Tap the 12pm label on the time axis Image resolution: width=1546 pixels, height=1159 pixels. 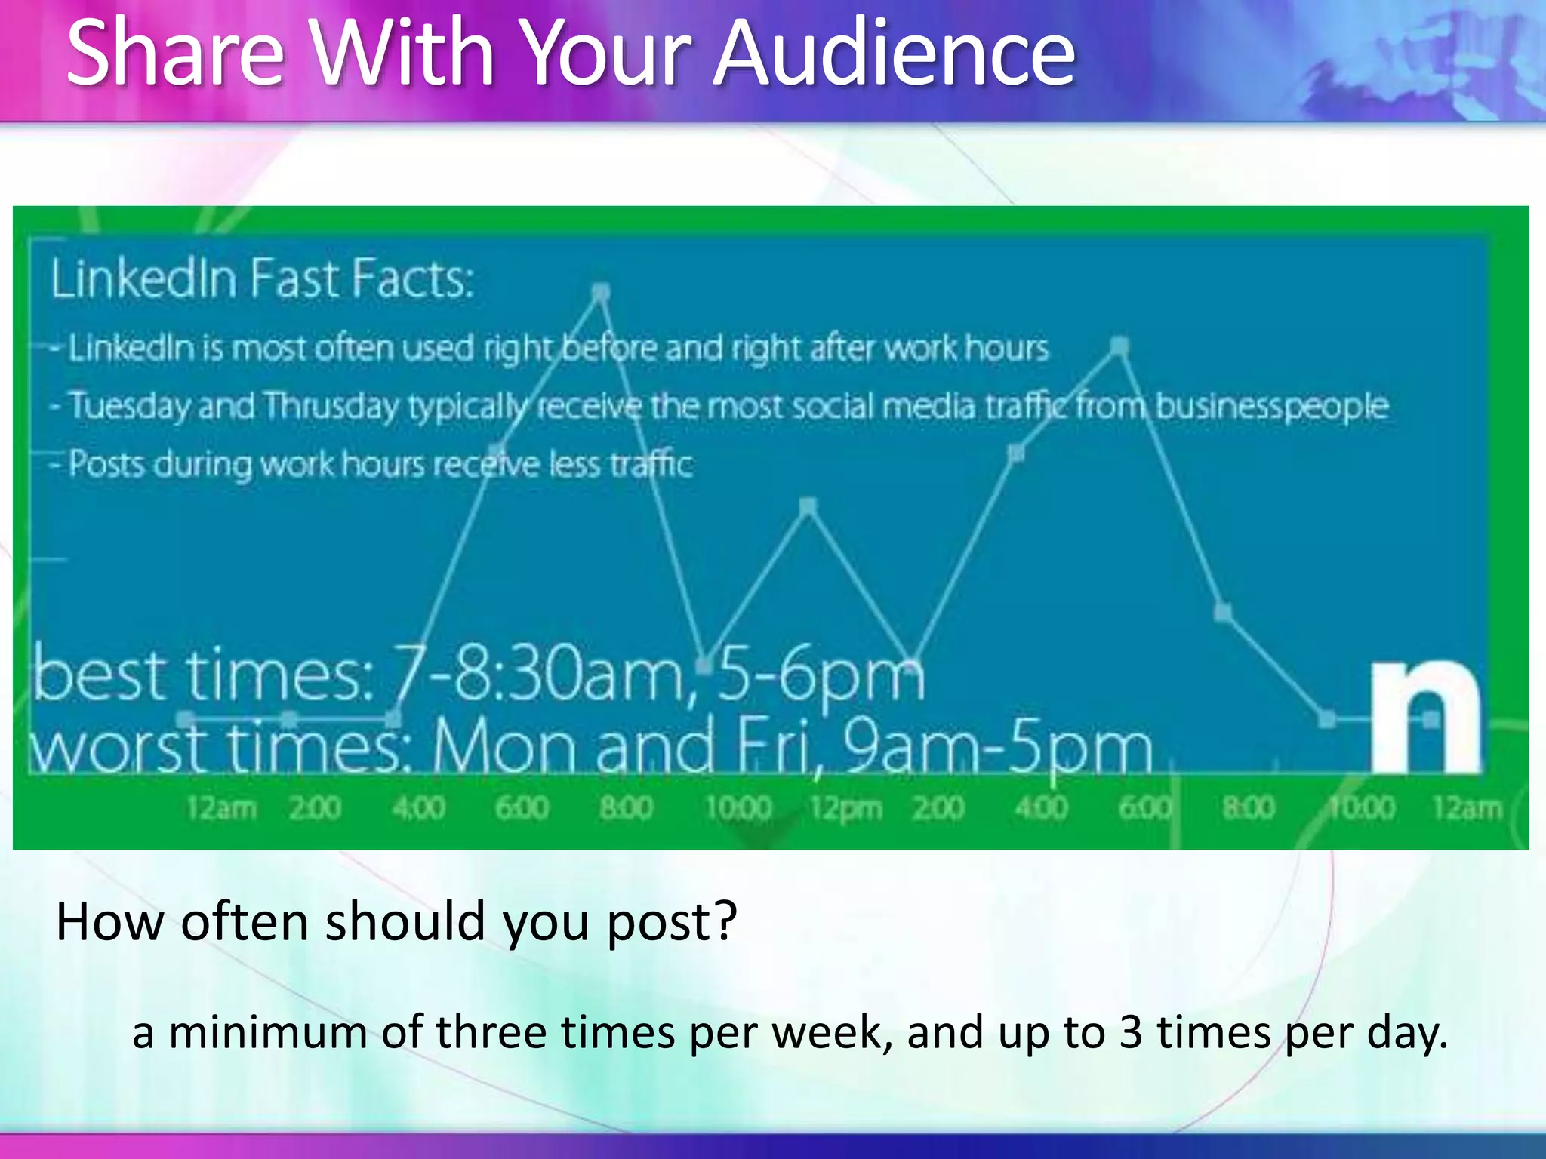click(845, 808)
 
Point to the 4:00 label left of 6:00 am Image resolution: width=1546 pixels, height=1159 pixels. click(418, 808)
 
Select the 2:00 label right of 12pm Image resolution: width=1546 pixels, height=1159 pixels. click(938, 808)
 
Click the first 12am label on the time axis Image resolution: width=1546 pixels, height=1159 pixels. click(222, 808)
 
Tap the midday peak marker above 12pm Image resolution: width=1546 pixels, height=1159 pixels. click(808, 506)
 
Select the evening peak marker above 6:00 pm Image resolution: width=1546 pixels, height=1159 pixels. click(1120, 346)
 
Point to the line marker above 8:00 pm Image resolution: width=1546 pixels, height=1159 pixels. click(1223, 612)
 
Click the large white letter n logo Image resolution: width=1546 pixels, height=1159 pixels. click(1425, 717)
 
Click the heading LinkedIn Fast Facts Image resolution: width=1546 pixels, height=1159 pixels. click(263, 278)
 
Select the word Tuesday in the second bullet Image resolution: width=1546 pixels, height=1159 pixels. click(130, 406)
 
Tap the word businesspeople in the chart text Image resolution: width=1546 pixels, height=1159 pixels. click(1271, 406)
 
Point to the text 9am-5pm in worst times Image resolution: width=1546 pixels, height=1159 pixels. click(996, 747)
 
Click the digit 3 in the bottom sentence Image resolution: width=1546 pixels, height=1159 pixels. click(1130, 1032)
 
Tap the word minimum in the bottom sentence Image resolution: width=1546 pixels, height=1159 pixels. click(268, 1032)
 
